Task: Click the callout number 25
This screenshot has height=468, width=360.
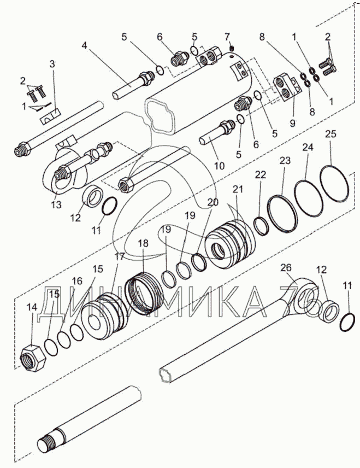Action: [x=331, y=134]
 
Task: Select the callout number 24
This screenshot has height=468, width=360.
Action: [x=308, y=148]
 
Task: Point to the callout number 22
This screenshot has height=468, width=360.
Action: [x=261, y=174]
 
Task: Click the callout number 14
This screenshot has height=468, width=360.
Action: [x=32, y=307]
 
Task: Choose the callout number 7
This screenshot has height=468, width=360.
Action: [x=227, y=37]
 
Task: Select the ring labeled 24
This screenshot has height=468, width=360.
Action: [x=311, y=191]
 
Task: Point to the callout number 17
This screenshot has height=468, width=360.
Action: [x=119, y=256]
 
